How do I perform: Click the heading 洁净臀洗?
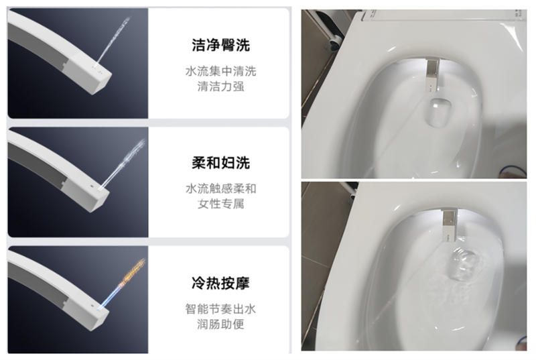pyautogui.click(x=220, y=46)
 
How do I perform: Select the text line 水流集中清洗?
pyautogui.click(x=220, y=71)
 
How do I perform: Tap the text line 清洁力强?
pyautogui.click(x=220, y=86)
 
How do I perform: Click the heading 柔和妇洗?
pyautogui.click(x=220, y=164)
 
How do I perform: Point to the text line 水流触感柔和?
pyautogui.click(x=220, y=188)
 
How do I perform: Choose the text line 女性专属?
pyautogui.click(x=220, y=204)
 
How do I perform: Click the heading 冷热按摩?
pyautogui.click(x=220, y=284)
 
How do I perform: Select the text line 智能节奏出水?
pyautogui.click(x=220, y=309)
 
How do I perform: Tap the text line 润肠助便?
pyautogui.click(x=220, y=324)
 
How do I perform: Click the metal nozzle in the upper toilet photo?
pyautogui.click(x=433, y=74)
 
